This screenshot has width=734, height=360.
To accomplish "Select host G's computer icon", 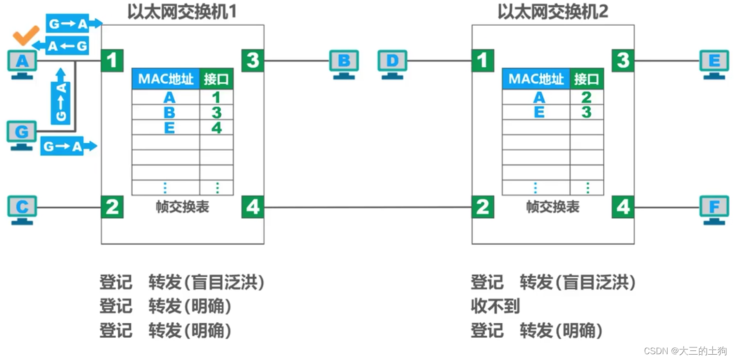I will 21,134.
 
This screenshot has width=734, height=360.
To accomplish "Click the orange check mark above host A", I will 25,35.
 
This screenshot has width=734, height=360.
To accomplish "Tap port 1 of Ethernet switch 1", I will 112,60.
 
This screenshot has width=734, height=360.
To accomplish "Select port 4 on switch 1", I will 253,207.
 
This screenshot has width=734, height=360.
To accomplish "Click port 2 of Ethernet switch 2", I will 483,207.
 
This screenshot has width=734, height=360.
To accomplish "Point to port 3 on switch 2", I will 623,60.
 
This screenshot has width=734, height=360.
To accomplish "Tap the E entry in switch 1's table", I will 169,128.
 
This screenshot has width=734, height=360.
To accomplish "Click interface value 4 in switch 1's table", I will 216,128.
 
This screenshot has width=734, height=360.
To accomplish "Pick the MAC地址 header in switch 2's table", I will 536,79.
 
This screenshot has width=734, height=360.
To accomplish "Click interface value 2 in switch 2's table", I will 587,98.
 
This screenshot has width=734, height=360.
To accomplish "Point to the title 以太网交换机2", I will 552,12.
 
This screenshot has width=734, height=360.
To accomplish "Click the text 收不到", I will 495,306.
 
